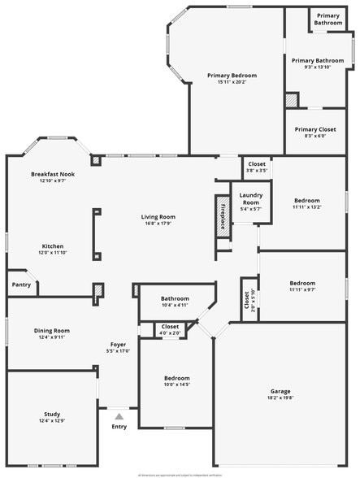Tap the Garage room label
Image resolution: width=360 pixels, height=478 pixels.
coord(279,391)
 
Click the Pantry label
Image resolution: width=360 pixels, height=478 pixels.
coord(20,285)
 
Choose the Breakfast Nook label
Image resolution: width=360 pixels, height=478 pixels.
coord(53,175)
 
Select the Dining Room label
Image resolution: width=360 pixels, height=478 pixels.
coord(52,331)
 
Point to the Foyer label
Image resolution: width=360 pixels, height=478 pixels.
coord(118,345)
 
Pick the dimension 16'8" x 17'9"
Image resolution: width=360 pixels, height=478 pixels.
coord(158,224)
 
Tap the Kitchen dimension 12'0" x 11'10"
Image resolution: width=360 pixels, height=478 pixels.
coord(53,253)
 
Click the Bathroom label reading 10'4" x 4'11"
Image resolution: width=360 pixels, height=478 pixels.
coord(174,306)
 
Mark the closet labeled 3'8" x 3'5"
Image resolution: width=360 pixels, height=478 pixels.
coord(257,171)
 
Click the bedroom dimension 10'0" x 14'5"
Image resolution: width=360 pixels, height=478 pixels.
coord(177,385)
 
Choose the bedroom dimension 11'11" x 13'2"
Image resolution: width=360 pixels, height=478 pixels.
coord(306,207)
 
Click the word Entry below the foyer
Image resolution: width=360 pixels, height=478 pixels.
coord(119,426)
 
